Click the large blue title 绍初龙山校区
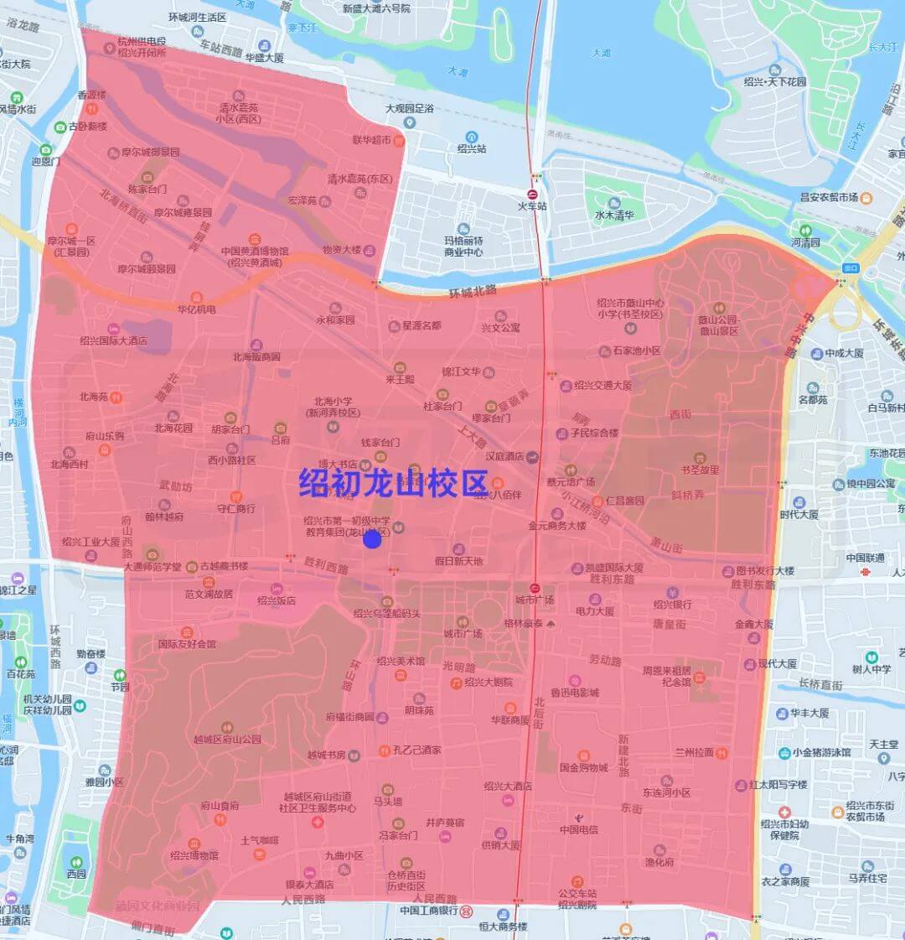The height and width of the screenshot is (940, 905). coord(394,484)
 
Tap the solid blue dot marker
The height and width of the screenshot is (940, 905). coord(373,540)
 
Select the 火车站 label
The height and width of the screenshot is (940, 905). coord(532,205)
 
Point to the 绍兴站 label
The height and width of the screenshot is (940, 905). coord(472,148)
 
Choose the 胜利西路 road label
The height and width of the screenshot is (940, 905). coord(326,568)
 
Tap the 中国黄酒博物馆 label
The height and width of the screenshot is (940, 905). coord(255,257)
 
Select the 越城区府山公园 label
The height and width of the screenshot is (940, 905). coord(227,740)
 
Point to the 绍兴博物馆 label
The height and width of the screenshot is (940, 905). coord(194,855)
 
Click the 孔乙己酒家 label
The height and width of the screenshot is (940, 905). coord(417,750)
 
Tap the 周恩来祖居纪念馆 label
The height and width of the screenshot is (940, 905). coord(667,676)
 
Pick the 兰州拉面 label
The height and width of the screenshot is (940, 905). coord(695,752)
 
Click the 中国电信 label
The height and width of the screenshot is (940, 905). coord(579,829)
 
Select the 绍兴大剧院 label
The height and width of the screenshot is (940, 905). coord(489,682)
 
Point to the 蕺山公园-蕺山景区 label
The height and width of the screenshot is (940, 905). coord(719,325)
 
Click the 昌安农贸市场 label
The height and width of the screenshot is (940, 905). coord(829,197)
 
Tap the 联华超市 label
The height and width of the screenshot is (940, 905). coord(371,140)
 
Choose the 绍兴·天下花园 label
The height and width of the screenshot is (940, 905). coord(775,81)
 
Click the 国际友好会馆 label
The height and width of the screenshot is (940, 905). coord(187,644)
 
